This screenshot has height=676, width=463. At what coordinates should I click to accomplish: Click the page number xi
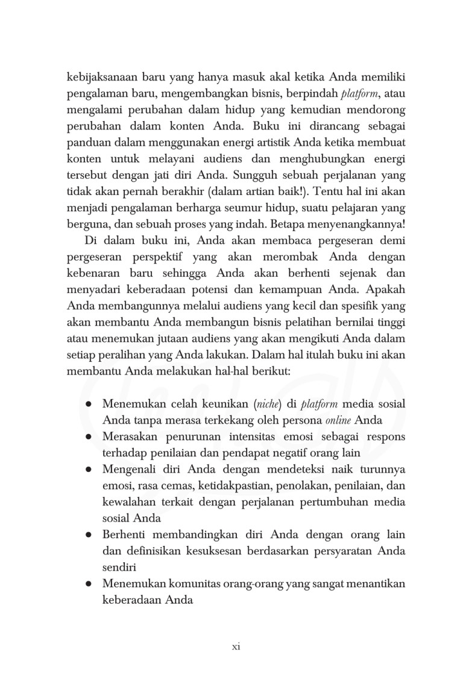coord(236,647)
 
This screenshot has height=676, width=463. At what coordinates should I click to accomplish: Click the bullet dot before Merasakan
coord(89,435)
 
